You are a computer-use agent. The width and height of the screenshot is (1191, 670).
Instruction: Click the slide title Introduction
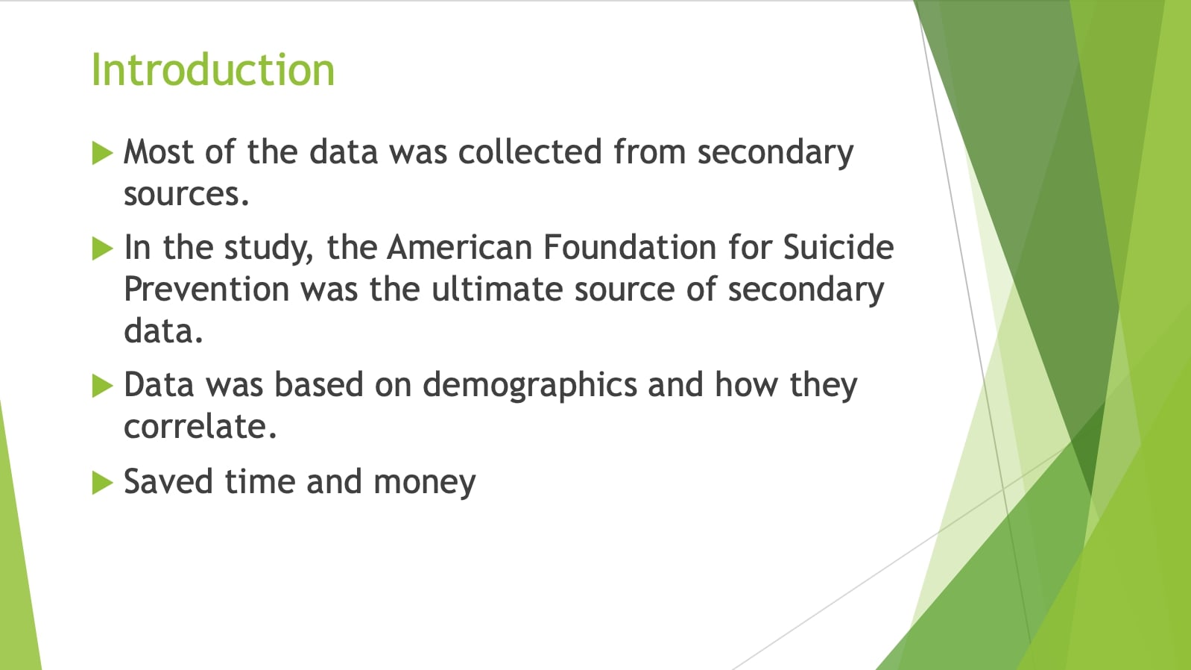[x=212, y=69]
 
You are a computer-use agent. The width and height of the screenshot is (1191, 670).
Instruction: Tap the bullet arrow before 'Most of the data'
[x=103, y=153]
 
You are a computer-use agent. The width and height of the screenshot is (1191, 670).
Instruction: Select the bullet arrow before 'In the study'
[x=103, y=248]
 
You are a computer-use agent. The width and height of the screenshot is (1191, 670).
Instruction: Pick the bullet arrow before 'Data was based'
[x=103, y=386]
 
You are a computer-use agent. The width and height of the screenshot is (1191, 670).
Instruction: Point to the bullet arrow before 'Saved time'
[x=103, y=483]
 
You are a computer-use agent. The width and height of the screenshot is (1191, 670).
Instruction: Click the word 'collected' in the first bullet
[x=530, y=151]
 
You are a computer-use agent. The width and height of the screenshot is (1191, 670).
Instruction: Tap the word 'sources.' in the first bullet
[x=186, y=194]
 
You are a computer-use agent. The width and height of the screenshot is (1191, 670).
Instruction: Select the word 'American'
[x=459, y=248]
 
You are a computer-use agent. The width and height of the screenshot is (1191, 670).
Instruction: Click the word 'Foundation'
[x=630, y=248]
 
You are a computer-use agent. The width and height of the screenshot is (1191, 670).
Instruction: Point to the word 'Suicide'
[x=838, y=248]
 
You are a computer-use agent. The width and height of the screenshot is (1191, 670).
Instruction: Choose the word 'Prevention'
[x=207, y=289]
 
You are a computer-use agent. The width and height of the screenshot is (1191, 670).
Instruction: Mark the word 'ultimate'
[x=496, y=289]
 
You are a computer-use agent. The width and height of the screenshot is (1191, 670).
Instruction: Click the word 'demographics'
[x=530, y=386]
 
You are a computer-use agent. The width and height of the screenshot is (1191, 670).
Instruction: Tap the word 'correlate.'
[x=200, y=426]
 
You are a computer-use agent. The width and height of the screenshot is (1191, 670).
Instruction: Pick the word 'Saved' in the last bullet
[x=168, y=482]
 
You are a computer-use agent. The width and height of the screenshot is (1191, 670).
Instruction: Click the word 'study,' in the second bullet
[x=269, y=249]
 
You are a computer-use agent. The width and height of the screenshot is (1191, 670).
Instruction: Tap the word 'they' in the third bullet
[x=824, y=386]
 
